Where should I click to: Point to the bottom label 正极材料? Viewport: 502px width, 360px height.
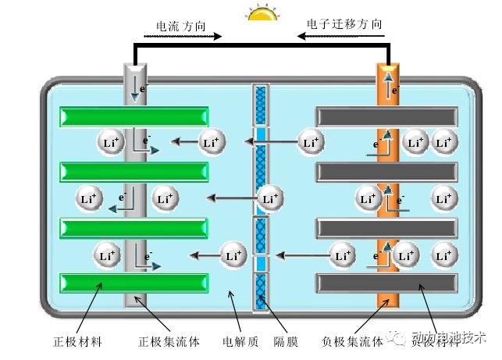(77, 342)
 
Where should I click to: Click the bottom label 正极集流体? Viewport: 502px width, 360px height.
(169, 342)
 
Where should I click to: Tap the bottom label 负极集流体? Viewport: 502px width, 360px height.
(352, 342)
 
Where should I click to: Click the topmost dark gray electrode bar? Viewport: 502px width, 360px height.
(386, 116)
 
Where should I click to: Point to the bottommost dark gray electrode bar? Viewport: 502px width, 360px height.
(386, 283)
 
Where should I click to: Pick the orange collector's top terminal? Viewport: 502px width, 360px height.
(389, 78)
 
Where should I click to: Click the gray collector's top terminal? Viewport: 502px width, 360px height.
(135, 78)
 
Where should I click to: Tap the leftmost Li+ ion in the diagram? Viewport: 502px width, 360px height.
(88, 198)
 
